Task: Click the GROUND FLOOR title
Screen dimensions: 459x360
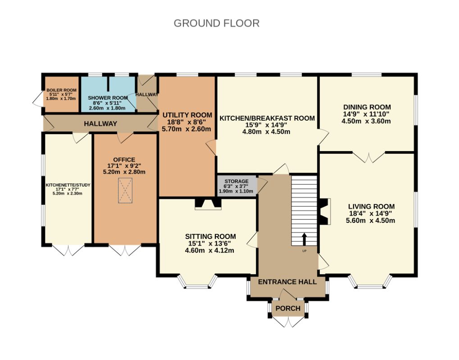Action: click(217, 23)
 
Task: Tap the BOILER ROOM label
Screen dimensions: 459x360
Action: click(61, 90)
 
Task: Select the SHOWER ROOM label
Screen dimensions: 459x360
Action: click(108, 98)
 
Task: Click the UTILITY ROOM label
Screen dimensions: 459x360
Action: click(187, 115)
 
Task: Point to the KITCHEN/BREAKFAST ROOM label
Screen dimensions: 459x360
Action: click(267, 118)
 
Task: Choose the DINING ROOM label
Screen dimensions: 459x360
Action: click(367, 107)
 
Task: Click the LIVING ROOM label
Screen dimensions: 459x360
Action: click(371, 207)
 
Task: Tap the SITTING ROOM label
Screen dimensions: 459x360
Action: click(210, 236)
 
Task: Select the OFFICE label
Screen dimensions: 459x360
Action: click(124, 160)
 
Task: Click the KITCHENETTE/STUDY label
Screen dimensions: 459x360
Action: click(68, 185)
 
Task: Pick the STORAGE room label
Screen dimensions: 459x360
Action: click(236, 181)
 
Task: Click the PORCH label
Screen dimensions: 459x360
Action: click(288, 308)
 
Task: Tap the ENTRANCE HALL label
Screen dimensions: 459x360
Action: click(287, 282)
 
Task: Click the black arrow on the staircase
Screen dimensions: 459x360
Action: click(304, 239)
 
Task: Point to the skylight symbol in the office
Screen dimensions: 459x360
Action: click(125, 190)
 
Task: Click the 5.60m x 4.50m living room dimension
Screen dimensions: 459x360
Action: click(370, 220)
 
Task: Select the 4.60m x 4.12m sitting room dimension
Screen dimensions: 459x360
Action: click(209, 250)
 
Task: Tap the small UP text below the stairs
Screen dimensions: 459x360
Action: click(304, 251)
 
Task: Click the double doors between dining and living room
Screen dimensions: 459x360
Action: click(369, 157)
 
